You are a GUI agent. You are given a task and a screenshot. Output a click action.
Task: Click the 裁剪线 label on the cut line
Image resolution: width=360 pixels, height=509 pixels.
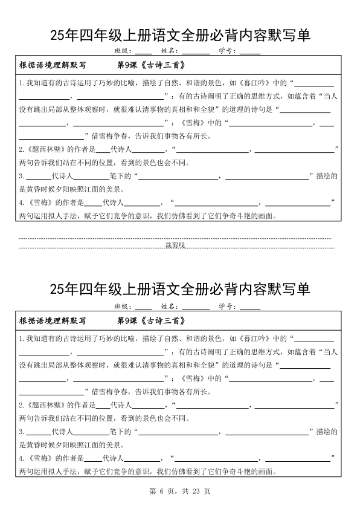click(179, 245)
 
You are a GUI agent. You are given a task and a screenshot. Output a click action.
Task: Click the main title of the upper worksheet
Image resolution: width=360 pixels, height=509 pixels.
click(180, 35)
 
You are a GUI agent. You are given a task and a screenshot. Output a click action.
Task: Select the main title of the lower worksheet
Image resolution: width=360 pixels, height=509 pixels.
click(180, 290)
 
